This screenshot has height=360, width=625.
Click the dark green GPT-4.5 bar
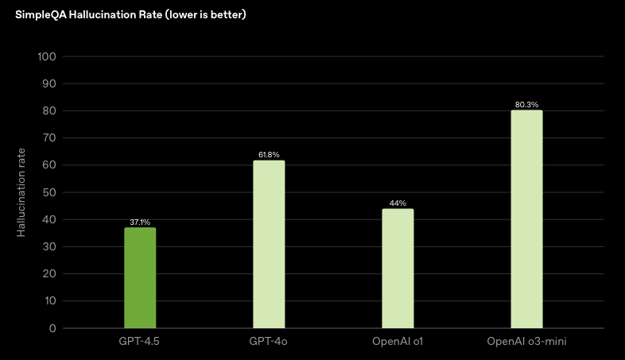tap(140, 278)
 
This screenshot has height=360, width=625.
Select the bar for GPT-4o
tap(269, 244)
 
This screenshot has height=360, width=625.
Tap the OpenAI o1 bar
tap(398, 269)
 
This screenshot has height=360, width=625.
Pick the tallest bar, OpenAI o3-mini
tap(526, 219)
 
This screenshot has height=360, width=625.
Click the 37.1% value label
tap(140, 223)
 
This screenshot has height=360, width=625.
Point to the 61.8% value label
tap(269, 155)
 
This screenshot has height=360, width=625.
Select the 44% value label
tap(398, 203)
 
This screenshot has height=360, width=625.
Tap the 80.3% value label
tap(526, 105)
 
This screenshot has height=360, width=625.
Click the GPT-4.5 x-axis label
tap(140, 341)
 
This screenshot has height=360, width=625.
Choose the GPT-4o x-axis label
tap(269, 341)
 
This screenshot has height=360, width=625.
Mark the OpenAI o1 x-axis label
tap(398, 341)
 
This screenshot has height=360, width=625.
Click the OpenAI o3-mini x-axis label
tap(526, 341)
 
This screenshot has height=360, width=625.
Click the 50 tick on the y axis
tap(49, 192)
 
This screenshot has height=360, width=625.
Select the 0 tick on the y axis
tap(52, 328)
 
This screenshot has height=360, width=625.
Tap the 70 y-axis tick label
tap(49, 138)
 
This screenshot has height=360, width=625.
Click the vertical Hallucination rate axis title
tap(21, 192)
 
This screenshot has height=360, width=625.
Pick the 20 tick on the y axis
tap(49, 274)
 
